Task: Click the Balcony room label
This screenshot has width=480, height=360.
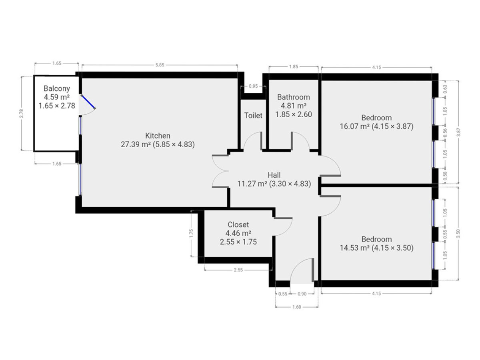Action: coord(57,88)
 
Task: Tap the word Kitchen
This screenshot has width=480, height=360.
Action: coord(158,136)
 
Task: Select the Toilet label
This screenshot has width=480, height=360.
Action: coord(253,116)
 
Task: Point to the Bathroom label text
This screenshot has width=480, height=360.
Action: coord(294,97)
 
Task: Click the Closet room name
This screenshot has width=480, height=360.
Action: coord(238,224)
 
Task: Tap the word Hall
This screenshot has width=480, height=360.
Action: coord(274,175)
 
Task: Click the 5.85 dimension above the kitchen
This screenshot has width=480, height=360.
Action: coord(160,65)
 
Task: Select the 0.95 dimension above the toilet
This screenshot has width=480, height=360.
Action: coord(253,86)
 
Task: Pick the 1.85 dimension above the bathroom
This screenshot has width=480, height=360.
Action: coord(294,67)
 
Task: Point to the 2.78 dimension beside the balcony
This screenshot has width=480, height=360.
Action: coord(21,114)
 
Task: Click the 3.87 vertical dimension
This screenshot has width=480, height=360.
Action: coord(458,132)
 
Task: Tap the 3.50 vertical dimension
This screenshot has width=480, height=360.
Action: coord(458,234)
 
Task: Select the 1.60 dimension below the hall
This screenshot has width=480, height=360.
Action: coord(296,307)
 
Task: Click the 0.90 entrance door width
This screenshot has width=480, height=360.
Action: coord(302,294)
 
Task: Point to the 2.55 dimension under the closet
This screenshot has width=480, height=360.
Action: coord(238,270)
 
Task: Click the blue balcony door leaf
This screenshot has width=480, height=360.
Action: coord(88,102)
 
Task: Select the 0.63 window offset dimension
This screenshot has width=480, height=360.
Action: coord(445,89)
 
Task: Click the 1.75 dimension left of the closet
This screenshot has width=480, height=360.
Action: coord(191,234)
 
